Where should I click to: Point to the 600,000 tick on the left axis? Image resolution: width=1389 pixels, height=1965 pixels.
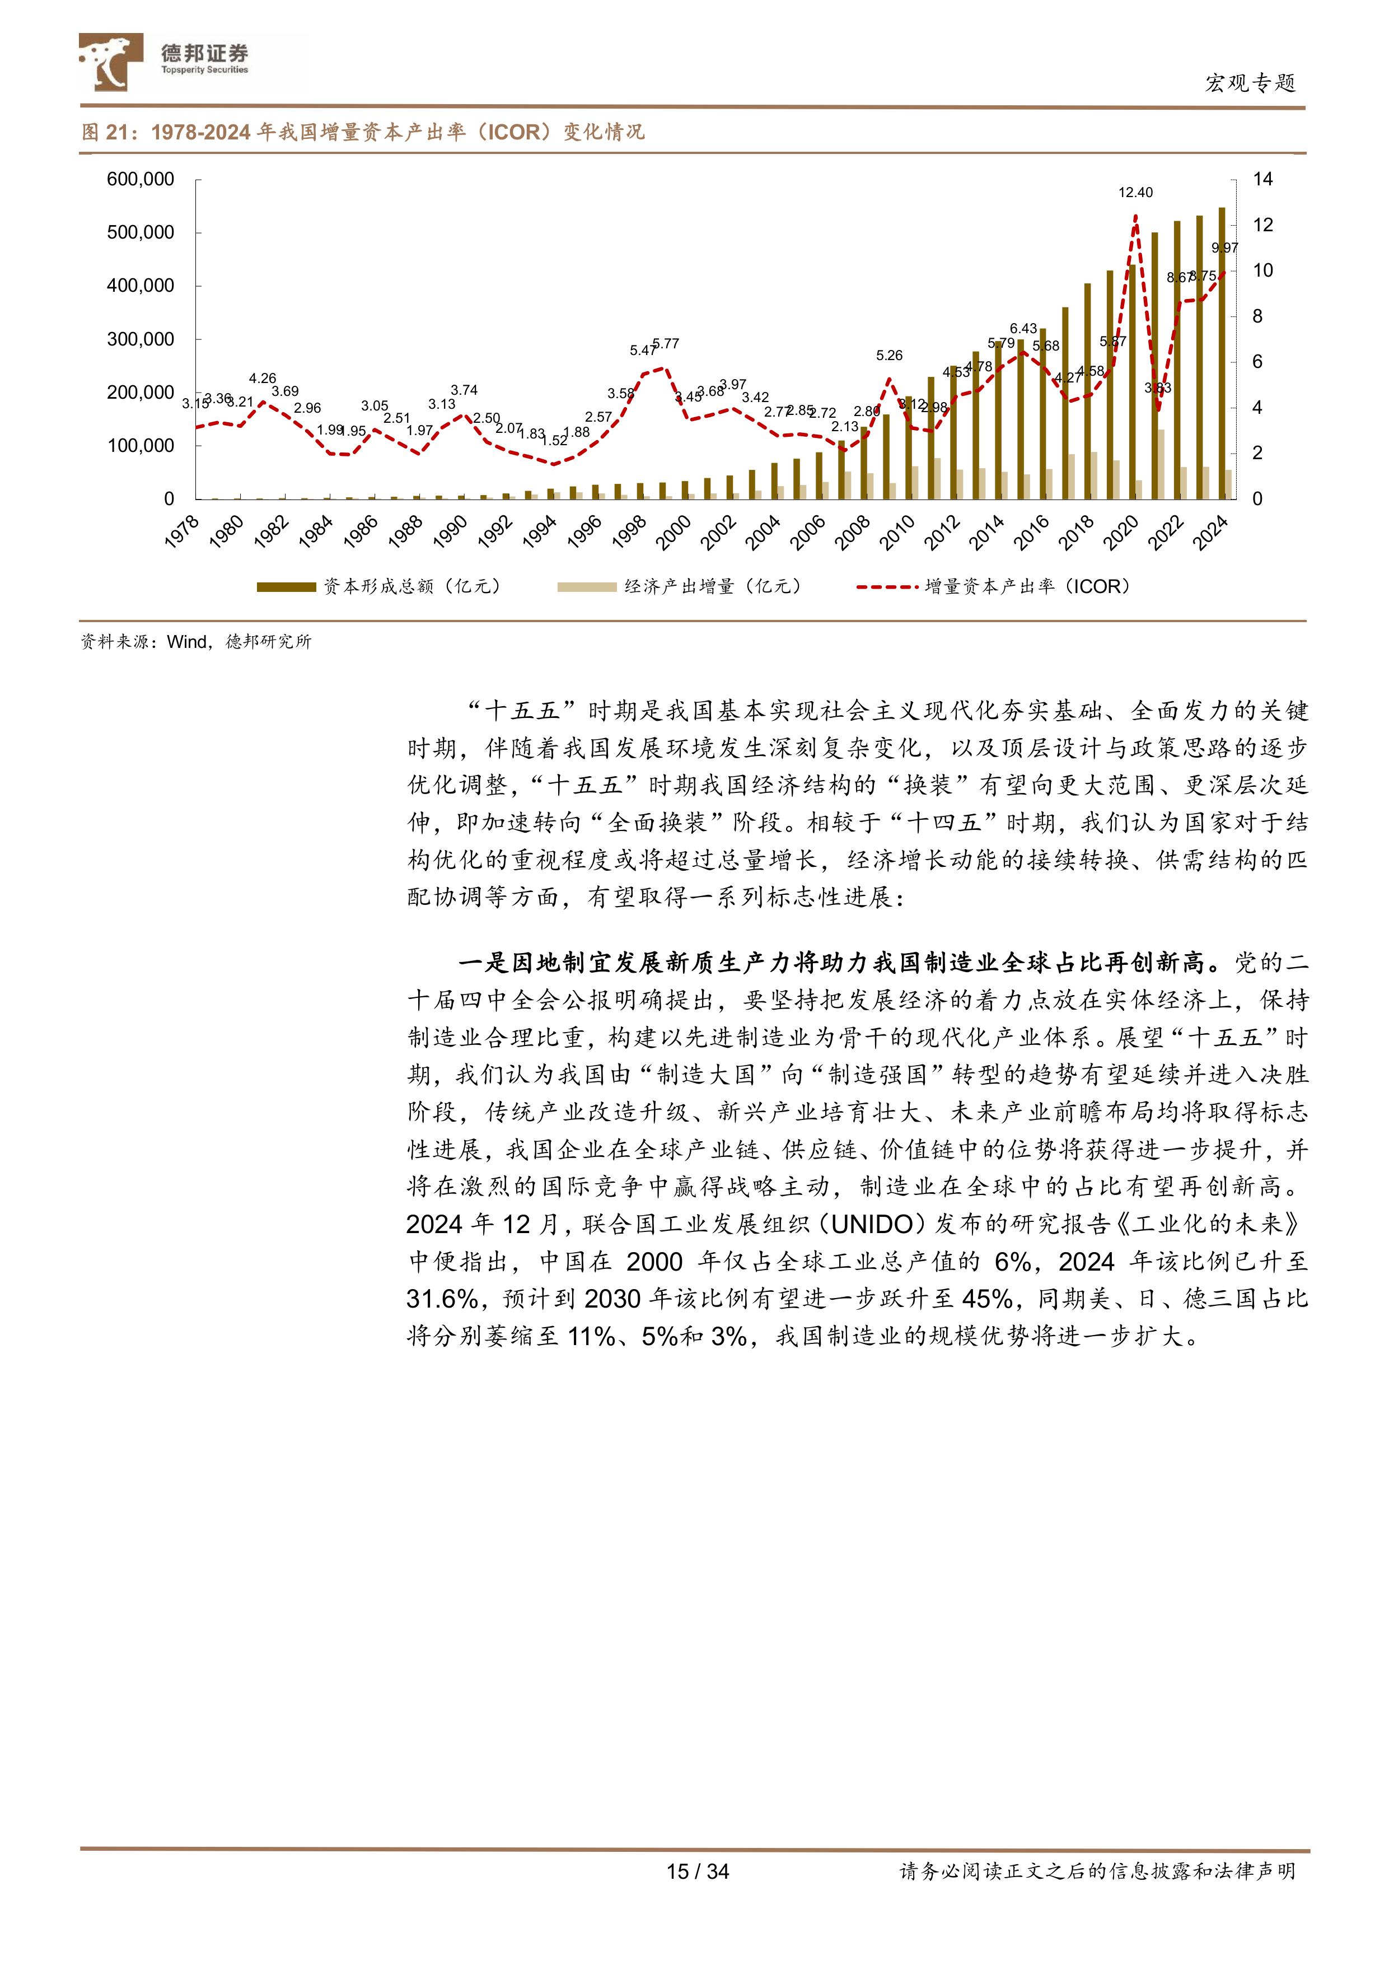coord(141,180)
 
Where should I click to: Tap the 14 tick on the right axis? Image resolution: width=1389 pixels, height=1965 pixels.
coord(1262,180)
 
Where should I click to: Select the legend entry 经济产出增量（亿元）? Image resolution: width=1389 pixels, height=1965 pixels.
coord(680,586)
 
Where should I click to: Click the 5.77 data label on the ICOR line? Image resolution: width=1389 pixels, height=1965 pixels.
coord(665,344)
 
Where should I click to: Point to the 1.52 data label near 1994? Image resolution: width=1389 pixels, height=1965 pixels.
coord(555,441)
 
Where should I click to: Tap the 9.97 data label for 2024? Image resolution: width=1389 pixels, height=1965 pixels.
coord(1224,248)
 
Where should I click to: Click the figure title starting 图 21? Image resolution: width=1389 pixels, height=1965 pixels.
coord(363,132)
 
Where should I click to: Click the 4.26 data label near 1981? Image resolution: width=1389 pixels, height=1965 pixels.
coord(263,379)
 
